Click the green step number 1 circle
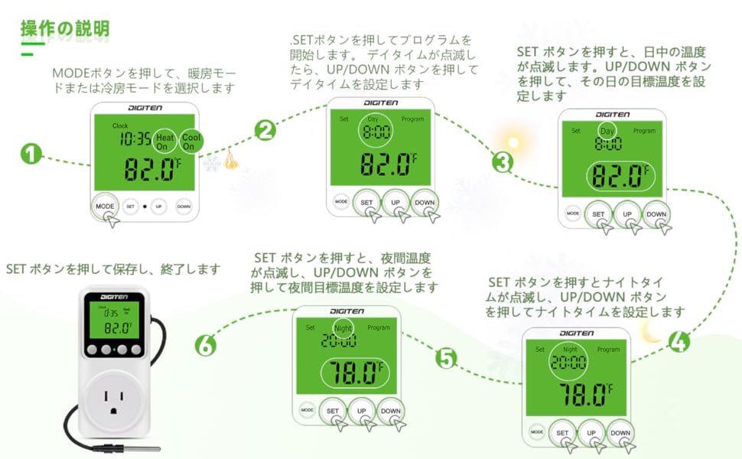30,155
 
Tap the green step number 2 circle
265,130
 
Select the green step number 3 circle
503,162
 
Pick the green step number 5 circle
447,357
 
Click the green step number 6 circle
205,346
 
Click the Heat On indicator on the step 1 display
166,141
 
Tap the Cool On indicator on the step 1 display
190,141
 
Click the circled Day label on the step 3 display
607,132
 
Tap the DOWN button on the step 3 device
656,215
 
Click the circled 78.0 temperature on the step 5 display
353,373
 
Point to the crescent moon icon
651,330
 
